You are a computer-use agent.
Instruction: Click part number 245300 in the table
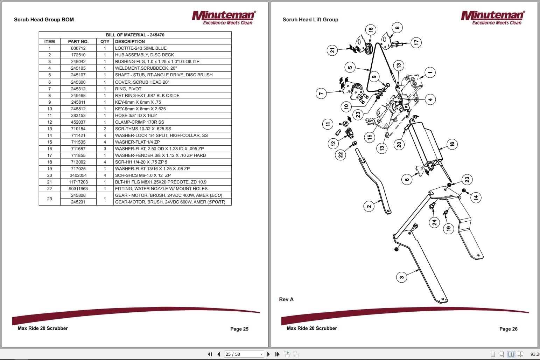(x=78, y=82)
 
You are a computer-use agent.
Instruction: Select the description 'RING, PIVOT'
(x=128, y=89)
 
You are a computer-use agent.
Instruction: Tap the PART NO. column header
(x=78, y=41)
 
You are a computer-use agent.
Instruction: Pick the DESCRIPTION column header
(x=130, y=41)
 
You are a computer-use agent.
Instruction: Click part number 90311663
(x=78, y=189)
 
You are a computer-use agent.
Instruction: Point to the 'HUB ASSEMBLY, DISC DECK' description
(x=144, y=55)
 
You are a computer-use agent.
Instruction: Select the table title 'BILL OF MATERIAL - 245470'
(x=135, y=35)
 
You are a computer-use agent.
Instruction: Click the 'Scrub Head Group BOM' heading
(x=44, y=20)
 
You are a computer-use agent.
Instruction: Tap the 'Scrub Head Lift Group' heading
(x=310, y=20)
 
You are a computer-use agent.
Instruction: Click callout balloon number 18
(x=371, y=29)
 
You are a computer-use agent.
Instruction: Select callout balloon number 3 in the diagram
(x=401, y=277)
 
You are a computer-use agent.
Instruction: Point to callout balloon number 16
(x=452, y=144)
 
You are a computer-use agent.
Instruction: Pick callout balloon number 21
(x=332, y=50)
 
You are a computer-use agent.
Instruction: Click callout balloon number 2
(x=369, y=206)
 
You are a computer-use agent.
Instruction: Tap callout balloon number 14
(x=476, y=198)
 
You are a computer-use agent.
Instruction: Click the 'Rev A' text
(x=286, y=299)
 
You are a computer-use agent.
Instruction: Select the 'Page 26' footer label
(x=508, y=329)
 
